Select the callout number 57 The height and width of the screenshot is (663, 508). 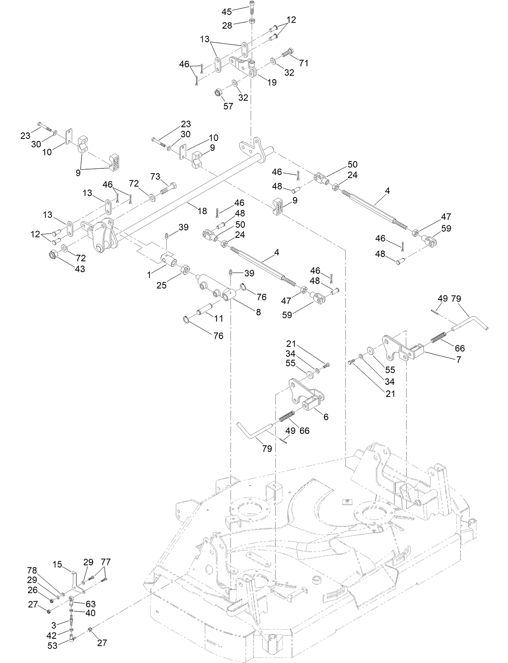point(228,106)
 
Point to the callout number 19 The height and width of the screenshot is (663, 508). point(272,82)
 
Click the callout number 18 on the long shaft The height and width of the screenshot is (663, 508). point(202,210)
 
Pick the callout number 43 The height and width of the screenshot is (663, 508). point(80,269)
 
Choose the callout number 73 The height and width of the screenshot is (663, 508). point(155,176)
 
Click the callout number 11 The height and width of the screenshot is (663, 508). point(218,318)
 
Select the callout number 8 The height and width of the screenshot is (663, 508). point(258,312)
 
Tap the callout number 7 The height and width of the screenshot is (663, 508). point(458,359)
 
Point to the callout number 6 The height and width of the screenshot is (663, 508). point(326,417)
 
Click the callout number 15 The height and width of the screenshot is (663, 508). point(57,564)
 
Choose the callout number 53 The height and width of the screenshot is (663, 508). point(52,646)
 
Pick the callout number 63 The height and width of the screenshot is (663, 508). point(90,604)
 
